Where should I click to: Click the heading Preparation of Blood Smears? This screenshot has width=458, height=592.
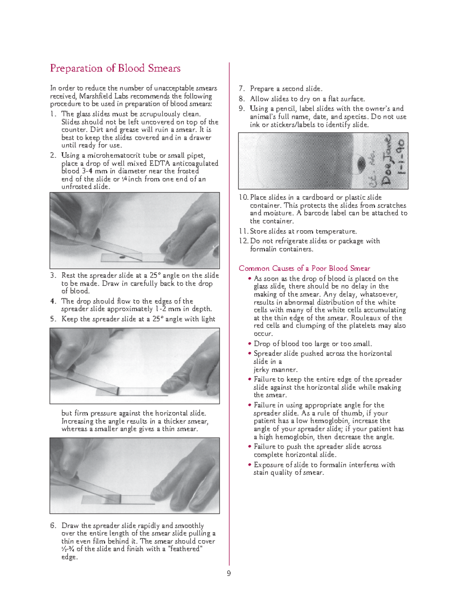(x=115, y=68)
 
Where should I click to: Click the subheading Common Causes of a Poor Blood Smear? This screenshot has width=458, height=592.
(x=304, y=268)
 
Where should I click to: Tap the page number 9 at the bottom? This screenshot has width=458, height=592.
(x=229, y=573)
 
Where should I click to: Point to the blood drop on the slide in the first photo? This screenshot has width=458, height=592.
(x=122, y=258)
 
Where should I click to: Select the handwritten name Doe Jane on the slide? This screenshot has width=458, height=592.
(x=386, y=160)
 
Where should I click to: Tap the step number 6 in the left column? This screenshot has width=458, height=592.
(x=53, y=526)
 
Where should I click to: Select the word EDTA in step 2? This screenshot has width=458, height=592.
(x=160, y=164)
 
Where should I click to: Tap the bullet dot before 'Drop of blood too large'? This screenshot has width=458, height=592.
(x=250, y=344)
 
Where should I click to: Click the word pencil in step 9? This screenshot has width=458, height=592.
(x=285, y=109)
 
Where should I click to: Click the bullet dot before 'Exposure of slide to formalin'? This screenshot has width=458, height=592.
(x=250, y=465)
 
